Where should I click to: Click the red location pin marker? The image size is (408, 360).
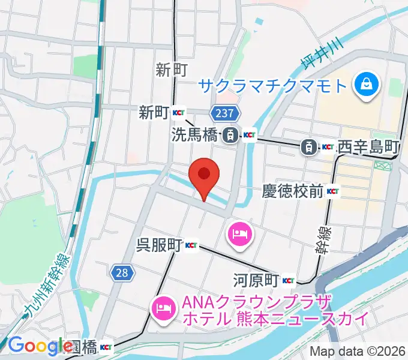point(203,175)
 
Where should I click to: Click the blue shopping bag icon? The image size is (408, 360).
point(365,85)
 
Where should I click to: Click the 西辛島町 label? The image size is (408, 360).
point(368,146)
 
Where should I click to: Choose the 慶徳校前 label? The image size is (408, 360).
point(293,192)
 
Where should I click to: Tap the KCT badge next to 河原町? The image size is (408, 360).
point(288,280)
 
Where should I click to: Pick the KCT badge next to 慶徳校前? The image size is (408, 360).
point(333,192)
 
